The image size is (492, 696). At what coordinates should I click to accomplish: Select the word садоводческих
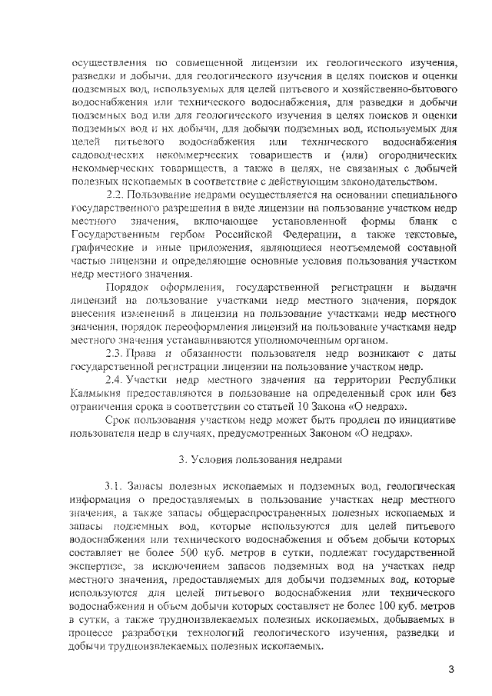107,156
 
